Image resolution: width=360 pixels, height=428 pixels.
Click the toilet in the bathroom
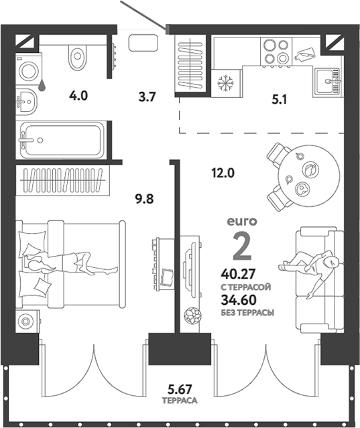(78, 57)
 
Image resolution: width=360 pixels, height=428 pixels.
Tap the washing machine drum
(29, 71)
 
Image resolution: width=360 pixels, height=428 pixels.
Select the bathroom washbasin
(25, 102)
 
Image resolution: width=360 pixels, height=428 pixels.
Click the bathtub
(62, 140)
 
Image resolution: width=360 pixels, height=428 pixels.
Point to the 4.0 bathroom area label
(78, 96)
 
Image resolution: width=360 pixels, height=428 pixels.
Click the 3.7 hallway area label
(147, 97)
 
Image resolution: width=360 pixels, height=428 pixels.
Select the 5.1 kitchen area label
(279, 100)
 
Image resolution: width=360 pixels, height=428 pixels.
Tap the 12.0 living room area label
(223, 173)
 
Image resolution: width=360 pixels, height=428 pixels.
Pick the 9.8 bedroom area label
(145, 199)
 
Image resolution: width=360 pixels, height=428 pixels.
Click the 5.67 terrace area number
(180, 389)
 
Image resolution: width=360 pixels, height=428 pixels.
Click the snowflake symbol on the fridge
(226, 83)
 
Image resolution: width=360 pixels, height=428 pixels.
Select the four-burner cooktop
(276, 52)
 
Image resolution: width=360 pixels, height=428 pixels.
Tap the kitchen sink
(327, 81)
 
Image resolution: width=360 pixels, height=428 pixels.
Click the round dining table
(309, 175)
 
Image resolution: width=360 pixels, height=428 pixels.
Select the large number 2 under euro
(242, 247)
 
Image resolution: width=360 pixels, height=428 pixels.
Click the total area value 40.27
(238, 273)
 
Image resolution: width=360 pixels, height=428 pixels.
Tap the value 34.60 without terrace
(239, 300)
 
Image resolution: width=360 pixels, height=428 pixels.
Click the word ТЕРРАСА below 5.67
(180, 401)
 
